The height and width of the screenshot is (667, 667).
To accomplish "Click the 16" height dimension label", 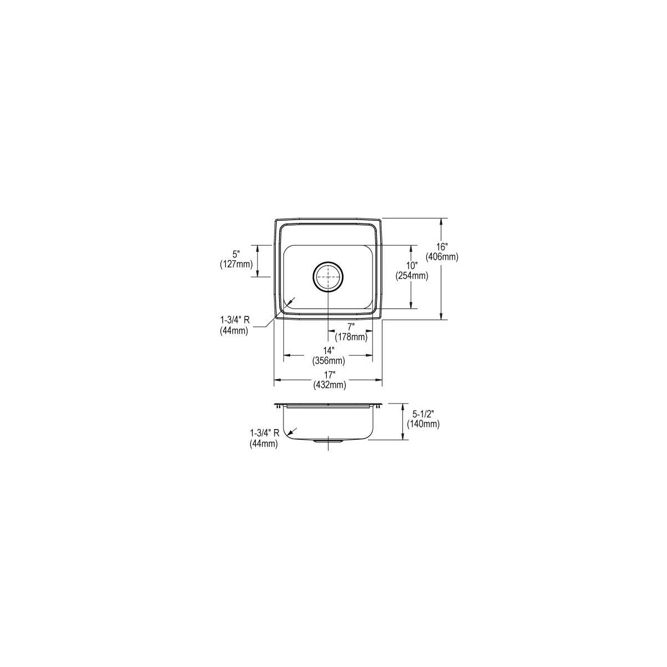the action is pos(442,247).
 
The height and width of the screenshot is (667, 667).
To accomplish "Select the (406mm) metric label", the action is pos(442,257).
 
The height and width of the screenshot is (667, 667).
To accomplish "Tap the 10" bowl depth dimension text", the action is pos(412,266).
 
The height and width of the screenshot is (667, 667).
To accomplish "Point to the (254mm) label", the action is pos(412,276).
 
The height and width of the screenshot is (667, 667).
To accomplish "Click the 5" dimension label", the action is pos(236,253).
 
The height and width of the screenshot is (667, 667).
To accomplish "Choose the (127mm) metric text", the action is pos(236,264).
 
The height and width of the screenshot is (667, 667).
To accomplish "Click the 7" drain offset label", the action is pos(351,326).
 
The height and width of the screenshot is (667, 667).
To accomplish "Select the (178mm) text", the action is pos(351,336).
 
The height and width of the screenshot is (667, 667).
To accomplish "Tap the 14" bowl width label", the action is pos(329,351).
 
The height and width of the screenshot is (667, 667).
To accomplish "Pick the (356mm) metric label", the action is pos(329,361).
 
